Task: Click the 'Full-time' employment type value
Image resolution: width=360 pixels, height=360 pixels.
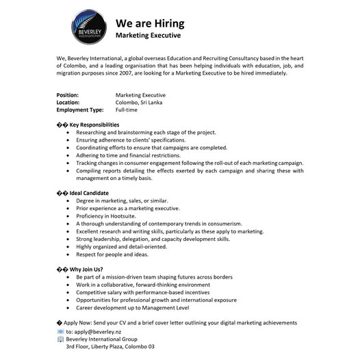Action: click(x=128, y=110)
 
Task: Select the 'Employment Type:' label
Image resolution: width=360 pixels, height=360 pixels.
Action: click(x=80, y=110)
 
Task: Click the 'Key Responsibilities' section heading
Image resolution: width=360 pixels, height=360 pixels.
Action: click(x=94, y=125)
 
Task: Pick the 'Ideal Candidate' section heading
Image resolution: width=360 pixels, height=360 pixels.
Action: click(x=89, y=193)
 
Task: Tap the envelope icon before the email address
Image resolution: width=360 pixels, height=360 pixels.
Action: click(x=60, y=331)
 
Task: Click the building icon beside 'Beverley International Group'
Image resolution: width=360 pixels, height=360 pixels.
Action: click(x=60, y=339)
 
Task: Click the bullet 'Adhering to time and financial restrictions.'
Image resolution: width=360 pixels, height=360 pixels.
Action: click(x=128, y=155)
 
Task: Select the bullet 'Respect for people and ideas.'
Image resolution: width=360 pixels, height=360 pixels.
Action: click(x=112, y=254)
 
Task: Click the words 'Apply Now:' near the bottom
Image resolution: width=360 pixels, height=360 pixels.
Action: click(x=79, y=322)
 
